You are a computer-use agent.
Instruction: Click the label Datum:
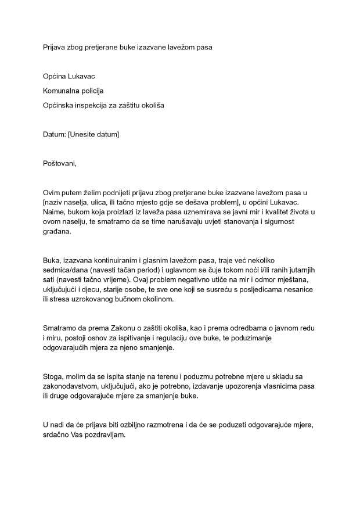coord(55,134)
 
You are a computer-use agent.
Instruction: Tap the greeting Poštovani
coord(60,163)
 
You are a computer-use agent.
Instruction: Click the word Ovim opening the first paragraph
coord(52,192)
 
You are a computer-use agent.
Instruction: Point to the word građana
coord(56,232)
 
